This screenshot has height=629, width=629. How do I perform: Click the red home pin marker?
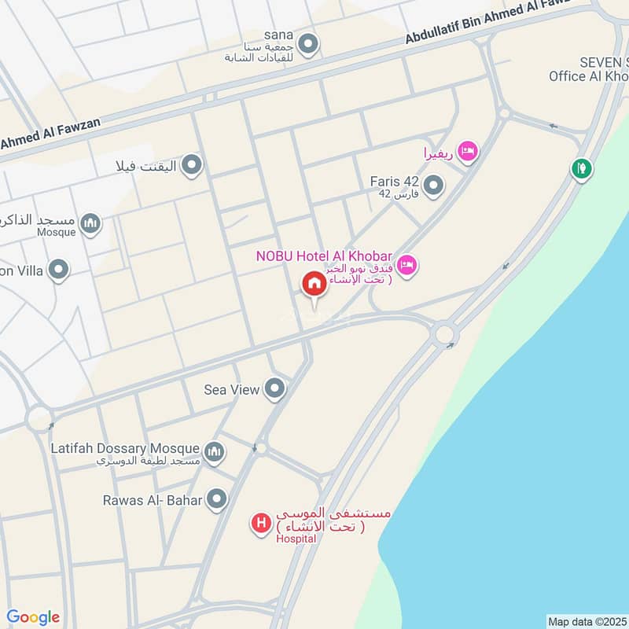tap(314, 285)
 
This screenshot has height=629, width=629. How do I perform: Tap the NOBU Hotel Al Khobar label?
tap(324, 256)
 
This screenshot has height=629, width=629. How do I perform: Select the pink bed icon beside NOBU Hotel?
tap(406, 266)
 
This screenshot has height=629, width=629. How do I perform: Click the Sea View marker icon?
tap(274, 388)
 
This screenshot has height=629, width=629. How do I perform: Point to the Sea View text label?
tap(231, 389)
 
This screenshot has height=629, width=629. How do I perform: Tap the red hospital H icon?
tap(260, 522)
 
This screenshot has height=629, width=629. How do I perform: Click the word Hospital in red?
tap(296, 539)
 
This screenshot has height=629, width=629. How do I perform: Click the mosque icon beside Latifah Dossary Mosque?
tap(214, 452)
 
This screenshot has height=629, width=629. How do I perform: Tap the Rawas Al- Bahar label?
tap(153, 499)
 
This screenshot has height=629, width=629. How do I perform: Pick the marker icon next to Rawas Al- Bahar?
tap(217, 499)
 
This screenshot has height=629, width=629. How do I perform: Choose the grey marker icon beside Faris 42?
tap(433, 186)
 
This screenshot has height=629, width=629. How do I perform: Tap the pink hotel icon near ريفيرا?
tap(468, 151)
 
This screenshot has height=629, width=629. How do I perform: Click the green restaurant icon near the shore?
tap(582, 167)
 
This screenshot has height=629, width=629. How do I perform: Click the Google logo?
tap(33, 617)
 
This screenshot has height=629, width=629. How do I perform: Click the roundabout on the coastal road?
tap(445, 334)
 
